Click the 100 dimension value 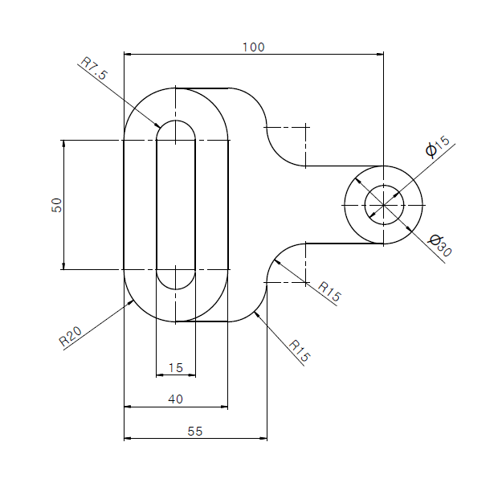254,47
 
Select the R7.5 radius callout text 94,68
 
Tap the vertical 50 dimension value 56,205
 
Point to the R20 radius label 71,336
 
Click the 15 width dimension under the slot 176,368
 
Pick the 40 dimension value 176,399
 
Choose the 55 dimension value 194,432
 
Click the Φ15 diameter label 438,146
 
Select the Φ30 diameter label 440,245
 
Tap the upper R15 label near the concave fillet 329,291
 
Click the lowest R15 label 299,350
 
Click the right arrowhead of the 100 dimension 380,55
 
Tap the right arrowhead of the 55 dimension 263,439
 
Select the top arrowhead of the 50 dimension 63,144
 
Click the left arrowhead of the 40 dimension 128,407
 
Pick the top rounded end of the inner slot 176,121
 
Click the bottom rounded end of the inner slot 176,289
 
